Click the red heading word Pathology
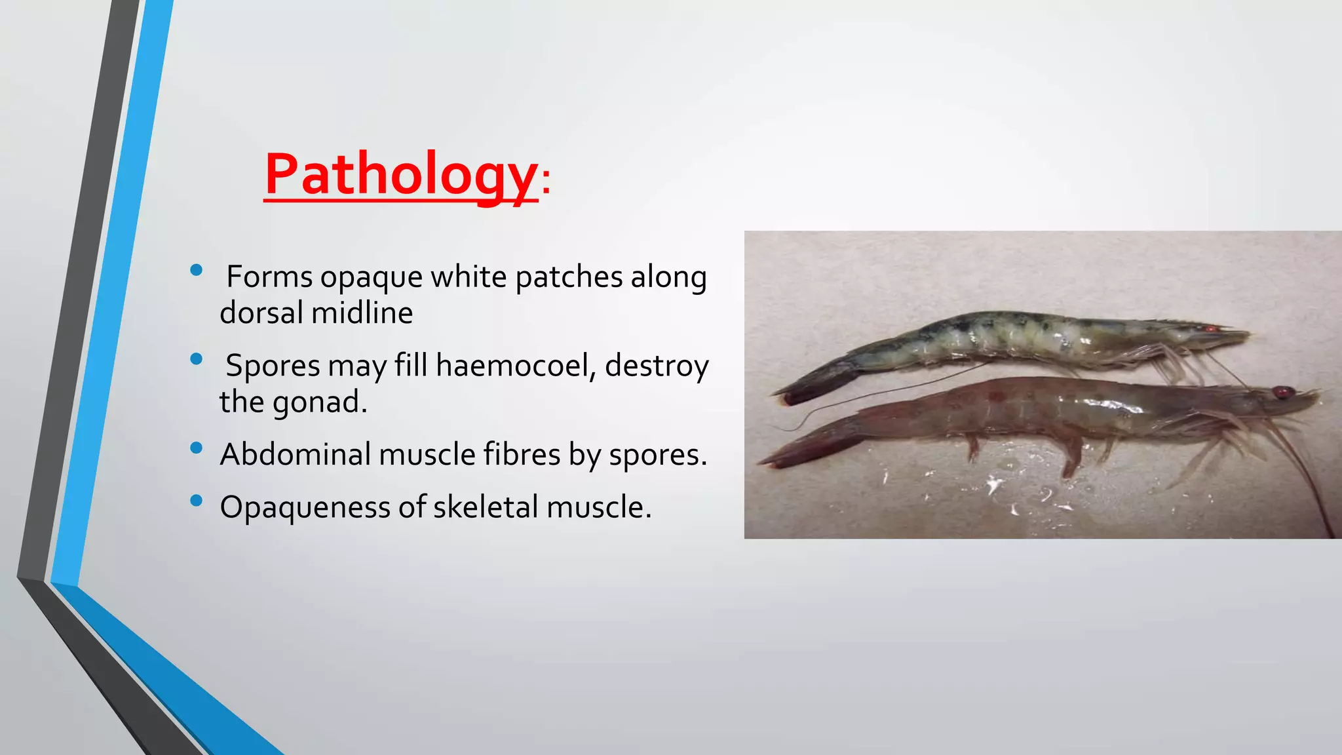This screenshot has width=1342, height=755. click(x=400, y=174)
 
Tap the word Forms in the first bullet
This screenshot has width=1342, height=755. click(x=269, y=277)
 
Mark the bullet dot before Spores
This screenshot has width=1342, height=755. click(x=196, y=359)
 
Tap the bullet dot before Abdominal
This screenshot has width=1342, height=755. click(x=196, y=448)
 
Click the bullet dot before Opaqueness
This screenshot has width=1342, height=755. click(x=196, y=501)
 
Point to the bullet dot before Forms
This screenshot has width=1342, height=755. click(x=196, y=270)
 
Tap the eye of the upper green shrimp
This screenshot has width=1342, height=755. click(x=1209, y=328)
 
